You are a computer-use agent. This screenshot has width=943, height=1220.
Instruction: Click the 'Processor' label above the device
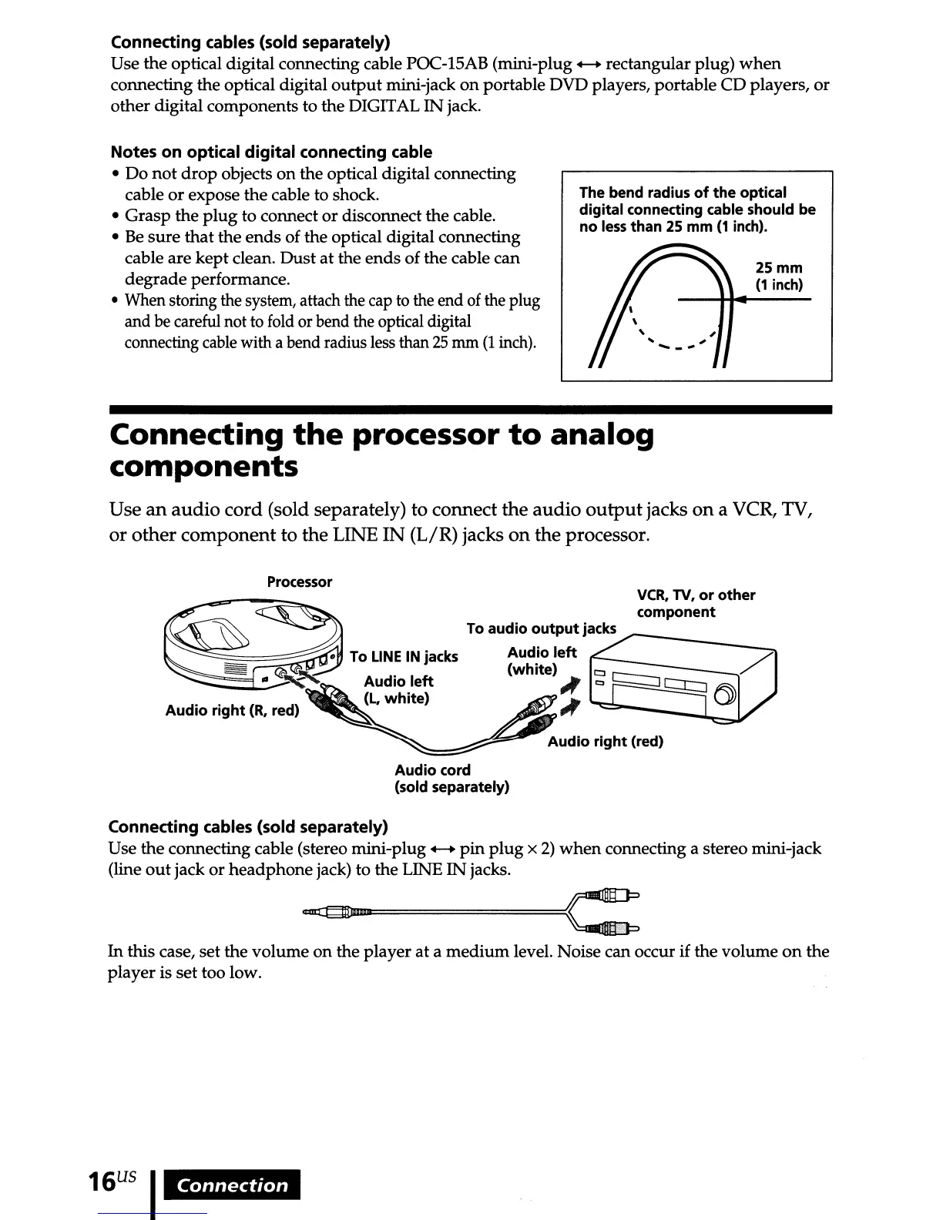click(x=299, y=582)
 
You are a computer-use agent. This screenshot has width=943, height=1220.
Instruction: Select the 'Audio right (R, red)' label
click(x=231, y=711)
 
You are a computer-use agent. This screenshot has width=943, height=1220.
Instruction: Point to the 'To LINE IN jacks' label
click(x=404, y=657)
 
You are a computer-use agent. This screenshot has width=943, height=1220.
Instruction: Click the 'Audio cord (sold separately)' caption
click(x=451, y=779)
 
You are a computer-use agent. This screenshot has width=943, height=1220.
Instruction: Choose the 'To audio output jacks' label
click(x=541, y=628)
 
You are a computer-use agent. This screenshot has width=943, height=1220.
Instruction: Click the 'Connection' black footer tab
click(x=233, y=1185)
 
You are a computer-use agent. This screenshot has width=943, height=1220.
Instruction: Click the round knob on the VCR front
click(x=725, y=694)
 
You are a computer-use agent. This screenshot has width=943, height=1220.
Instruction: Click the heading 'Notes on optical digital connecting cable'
click(x=271, y=152)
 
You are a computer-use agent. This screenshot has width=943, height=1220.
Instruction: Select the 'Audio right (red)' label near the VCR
click(x=605, y=742)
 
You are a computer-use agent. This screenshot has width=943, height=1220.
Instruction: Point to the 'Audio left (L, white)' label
click(x=398, y=690)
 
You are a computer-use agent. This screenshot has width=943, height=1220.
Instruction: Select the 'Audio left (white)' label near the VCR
click(x=541, y=661)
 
